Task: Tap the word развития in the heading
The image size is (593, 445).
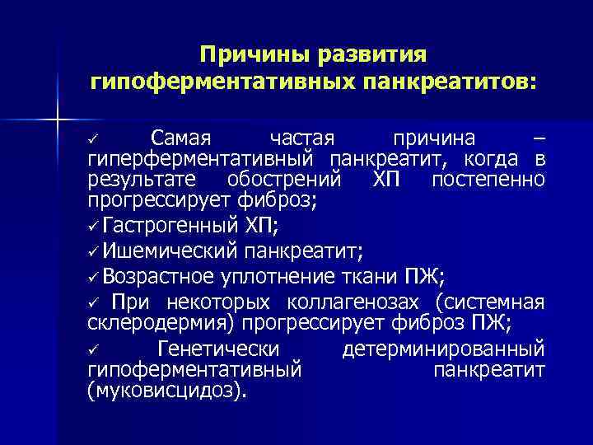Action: click(370, 56)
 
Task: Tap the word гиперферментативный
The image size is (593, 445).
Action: click(203, 158)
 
